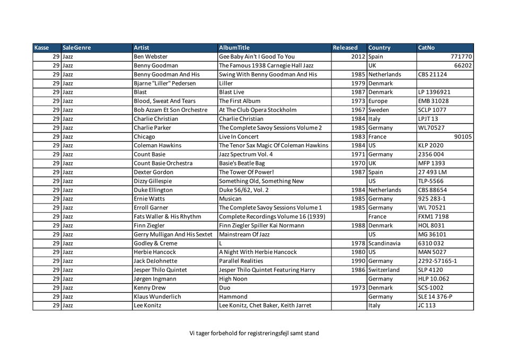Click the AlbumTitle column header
pos(234,48)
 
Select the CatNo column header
pos(426,48)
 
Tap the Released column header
pos(345,48)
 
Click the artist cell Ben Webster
pos(151,57)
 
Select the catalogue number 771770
pos(461,57)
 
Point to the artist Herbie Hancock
pos(155,252)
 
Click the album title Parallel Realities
pos(241,261)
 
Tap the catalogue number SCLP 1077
pos(432,110)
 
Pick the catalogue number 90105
pos(463,137)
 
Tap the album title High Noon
pos(233,279)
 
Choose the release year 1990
pos(358,261)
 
